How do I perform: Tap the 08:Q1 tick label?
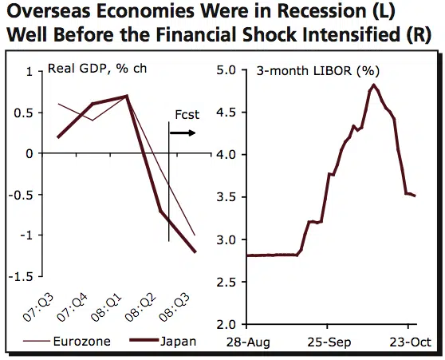pos(113,301)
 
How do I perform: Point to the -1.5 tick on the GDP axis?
pos(24,276)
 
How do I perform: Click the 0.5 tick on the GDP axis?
pos(27,112)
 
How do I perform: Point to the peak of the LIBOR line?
pos(372,85)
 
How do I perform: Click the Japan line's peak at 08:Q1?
pos(127,96)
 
